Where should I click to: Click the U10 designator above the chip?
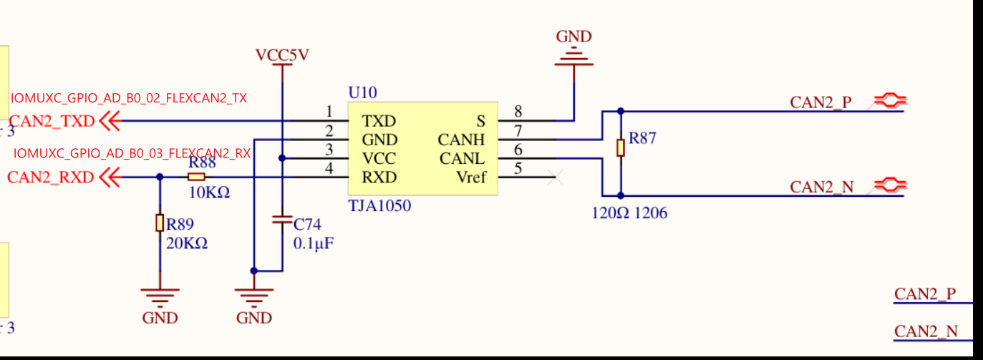(x=362, y=92)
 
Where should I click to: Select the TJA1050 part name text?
(x=379, y=206)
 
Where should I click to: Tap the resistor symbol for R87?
(x=621, y=147)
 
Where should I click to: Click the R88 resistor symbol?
(x=197, y=177)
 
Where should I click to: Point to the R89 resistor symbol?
(x=159, y=223)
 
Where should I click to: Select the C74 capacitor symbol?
(x=283, y=220)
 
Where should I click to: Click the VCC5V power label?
(x=282, y=55)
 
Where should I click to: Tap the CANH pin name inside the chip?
(x=462, y=140)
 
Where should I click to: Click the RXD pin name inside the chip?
(x=379, y=177)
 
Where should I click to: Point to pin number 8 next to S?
(x=518, y=111)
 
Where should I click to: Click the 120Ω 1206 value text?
(x=629, y=213)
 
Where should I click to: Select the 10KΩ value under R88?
(x=209, y=193)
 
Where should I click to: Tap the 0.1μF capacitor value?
(x=314, y=243)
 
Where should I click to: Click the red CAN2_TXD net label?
(x=52, y=122)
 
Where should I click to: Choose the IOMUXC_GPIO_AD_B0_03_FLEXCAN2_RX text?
(x=132, y=152)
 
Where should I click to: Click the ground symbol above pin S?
(x=573, y=57)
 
